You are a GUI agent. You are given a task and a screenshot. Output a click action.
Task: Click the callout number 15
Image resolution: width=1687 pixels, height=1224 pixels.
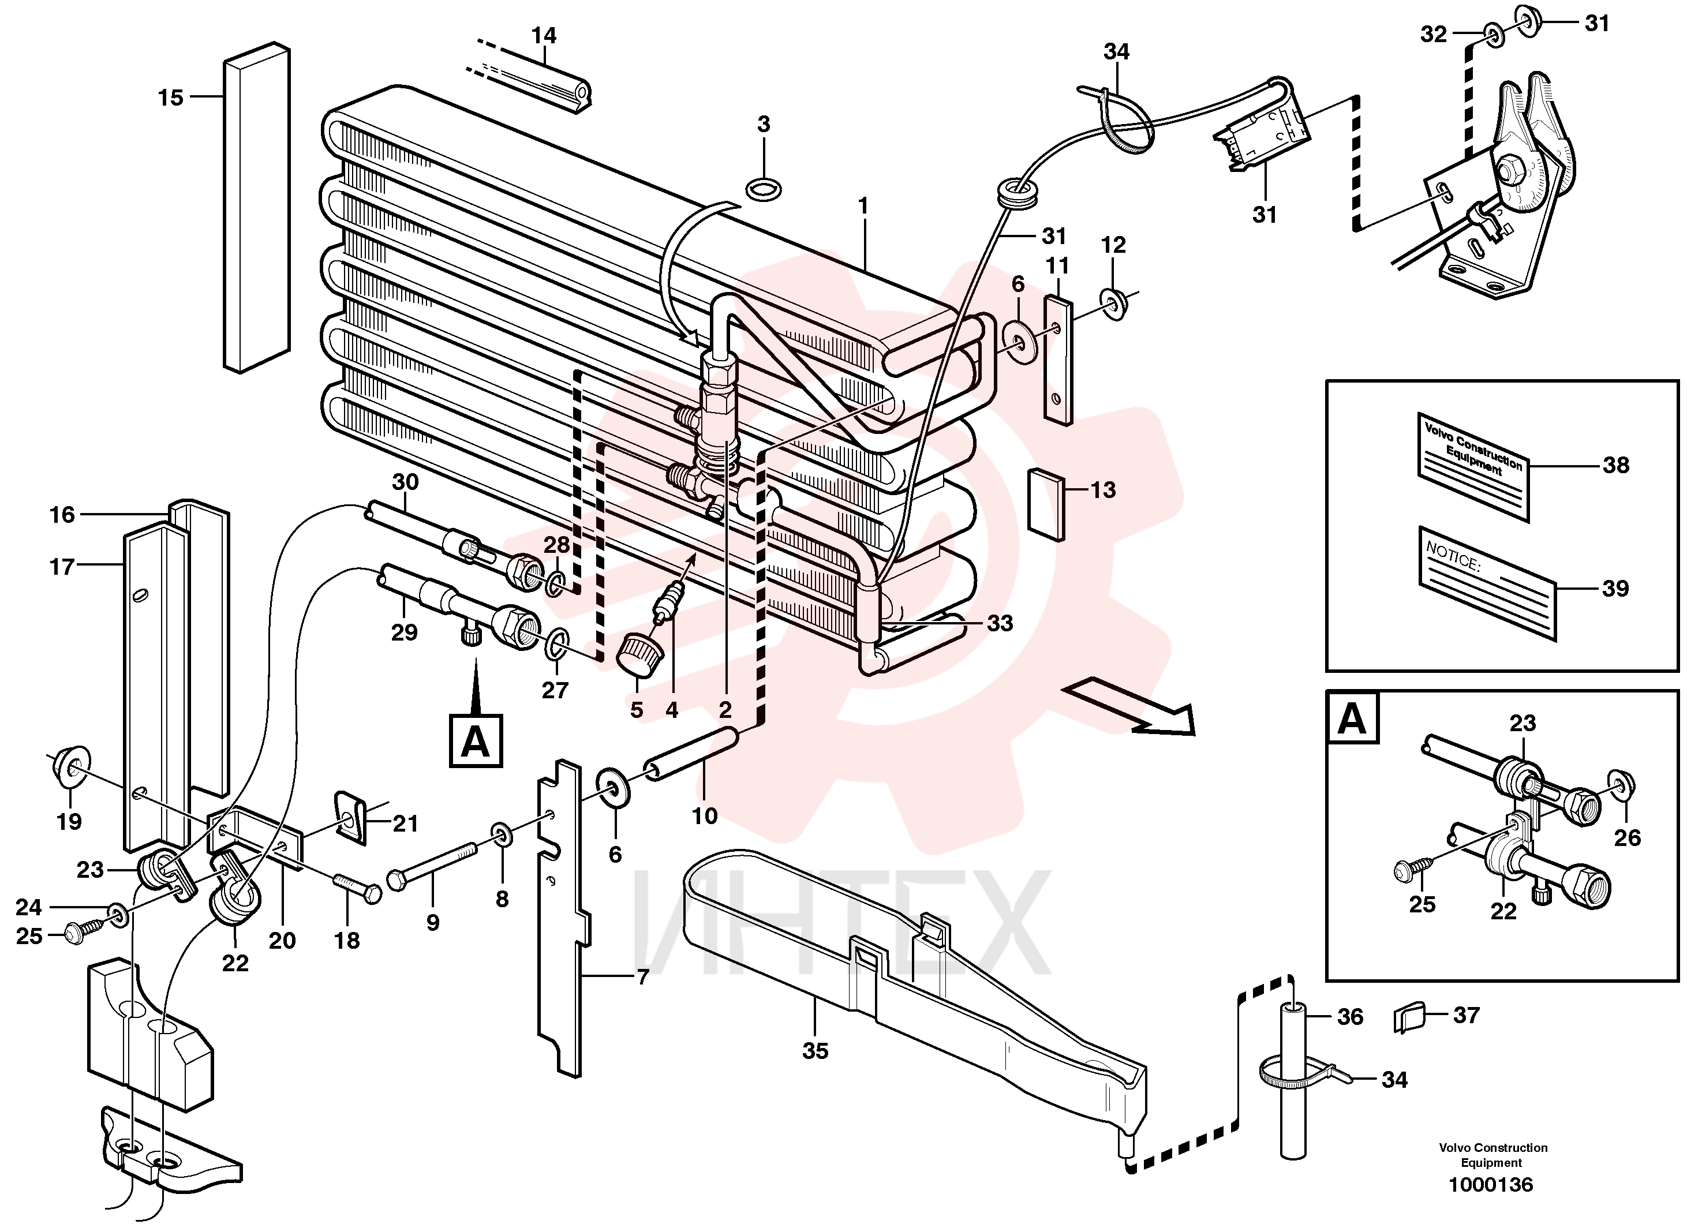[x=170, y=98]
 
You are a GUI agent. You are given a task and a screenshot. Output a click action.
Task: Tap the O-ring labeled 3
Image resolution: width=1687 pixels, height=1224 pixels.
[x=763, y=190]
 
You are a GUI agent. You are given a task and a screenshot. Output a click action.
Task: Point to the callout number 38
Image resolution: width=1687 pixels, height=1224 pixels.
[x=1615, y=466]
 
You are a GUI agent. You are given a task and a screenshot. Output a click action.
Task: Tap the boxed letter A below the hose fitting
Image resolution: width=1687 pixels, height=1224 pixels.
[x=476, y=740]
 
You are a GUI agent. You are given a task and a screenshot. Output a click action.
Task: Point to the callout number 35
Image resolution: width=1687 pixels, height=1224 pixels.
[x=816, y=1051]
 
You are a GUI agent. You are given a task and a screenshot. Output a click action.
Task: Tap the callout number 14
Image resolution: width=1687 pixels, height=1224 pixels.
[x=544, y=36]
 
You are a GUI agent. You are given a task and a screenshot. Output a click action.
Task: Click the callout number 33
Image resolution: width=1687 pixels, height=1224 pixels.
[x=1000, y=623]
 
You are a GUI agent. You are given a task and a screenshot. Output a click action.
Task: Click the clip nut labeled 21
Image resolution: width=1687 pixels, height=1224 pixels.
[x=350, y=817]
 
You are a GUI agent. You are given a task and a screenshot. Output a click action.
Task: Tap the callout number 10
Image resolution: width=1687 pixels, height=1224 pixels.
[x=704, y=816]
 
